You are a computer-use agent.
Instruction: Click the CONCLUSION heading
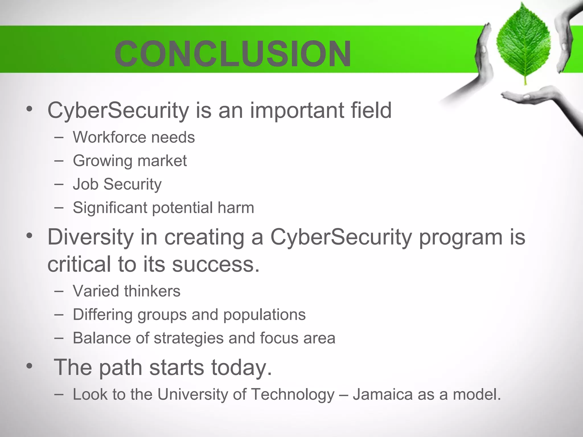[233, 54]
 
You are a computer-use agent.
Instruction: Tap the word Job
[86, 184]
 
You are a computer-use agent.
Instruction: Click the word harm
[236, 207]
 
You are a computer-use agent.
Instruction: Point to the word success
[216, 264]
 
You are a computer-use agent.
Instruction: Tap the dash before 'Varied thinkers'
[59, 291]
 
